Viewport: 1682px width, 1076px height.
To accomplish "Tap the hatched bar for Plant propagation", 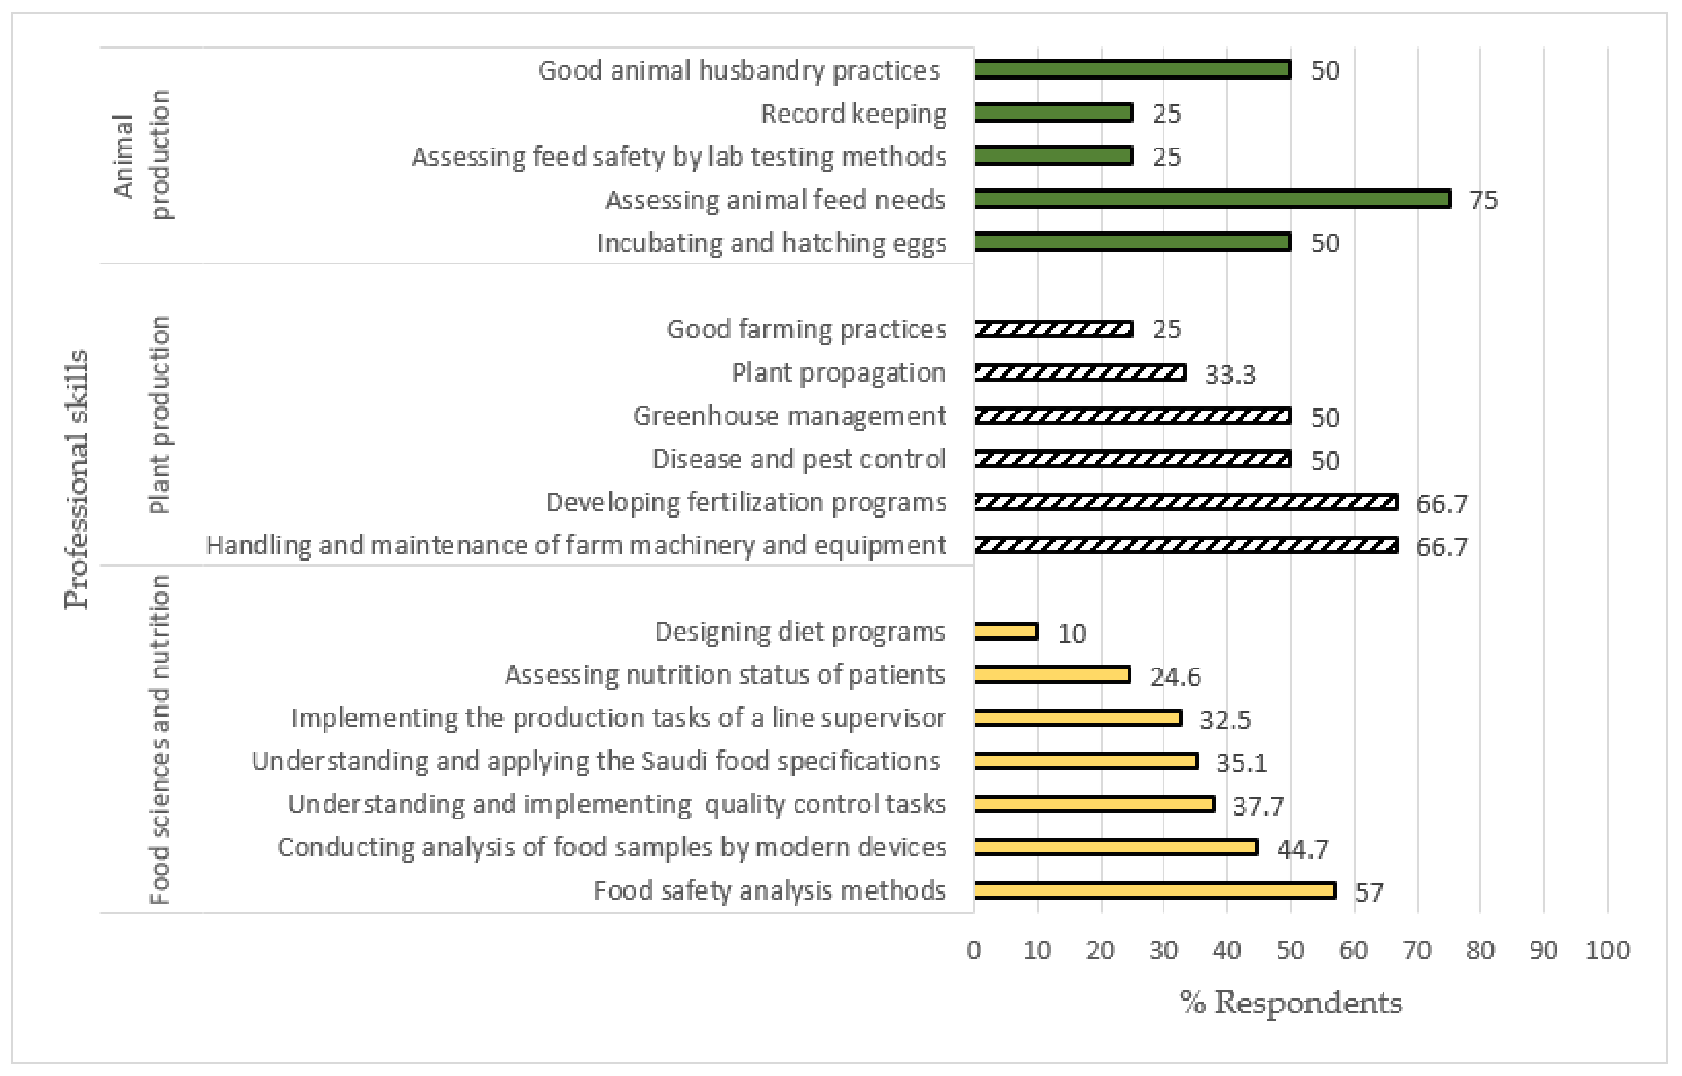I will (x=1080, y=373).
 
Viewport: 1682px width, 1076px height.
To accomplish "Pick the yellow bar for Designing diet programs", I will (x=1006, y=632).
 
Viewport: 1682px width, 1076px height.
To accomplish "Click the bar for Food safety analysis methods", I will (x=1155, y=890).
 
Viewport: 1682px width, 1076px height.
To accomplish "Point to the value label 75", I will (x=1483, y=200).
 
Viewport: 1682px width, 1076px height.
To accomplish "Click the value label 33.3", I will (x=1230, y=374).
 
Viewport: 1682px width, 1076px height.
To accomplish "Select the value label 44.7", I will (x=1302, y=849).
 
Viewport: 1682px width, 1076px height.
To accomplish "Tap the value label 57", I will (x=1369, y=892).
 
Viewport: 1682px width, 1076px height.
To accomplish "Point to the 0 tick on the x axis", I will (x=974, y=950).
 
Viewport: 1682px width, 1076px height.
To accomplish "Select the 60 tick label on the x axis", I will (x=1354, y=950).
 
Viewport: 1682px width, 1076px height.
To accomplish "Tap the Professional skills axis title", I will (x=76, y=479).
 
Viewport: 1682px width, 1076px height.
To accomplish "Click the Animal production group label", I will (x=142, y=155).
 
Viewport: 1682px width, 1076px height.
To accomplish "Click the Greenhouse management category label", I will (x=790, y=416).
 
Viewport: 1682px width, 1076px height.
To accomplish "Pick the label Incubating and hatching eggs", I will (x=771, y=243).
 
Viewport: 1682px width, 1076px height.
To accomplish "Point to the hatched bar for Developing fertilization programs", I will (x=1186, y=502).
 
